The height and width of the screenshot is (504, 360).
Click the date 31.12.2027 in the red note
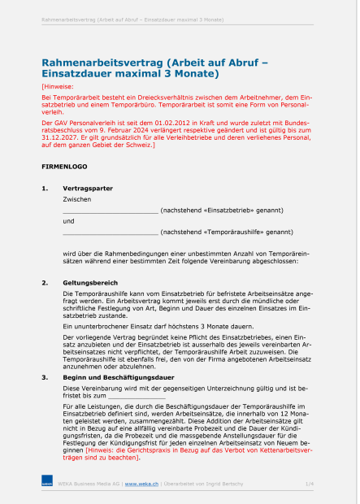[62, 138]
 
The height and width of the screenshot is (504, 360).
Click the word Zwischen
[76, 198]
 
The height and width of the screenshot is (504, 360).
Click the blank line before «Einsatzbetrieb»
[110, 210]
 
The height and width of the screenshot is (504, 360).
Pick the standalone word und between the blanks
[68, 220]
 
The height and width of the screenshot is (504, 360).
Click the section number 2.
[44, 282]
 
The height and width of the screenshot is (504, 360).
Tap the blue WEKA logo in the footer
[46, 484]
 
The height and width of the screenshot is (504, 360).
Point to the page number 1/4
[309, 484]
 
